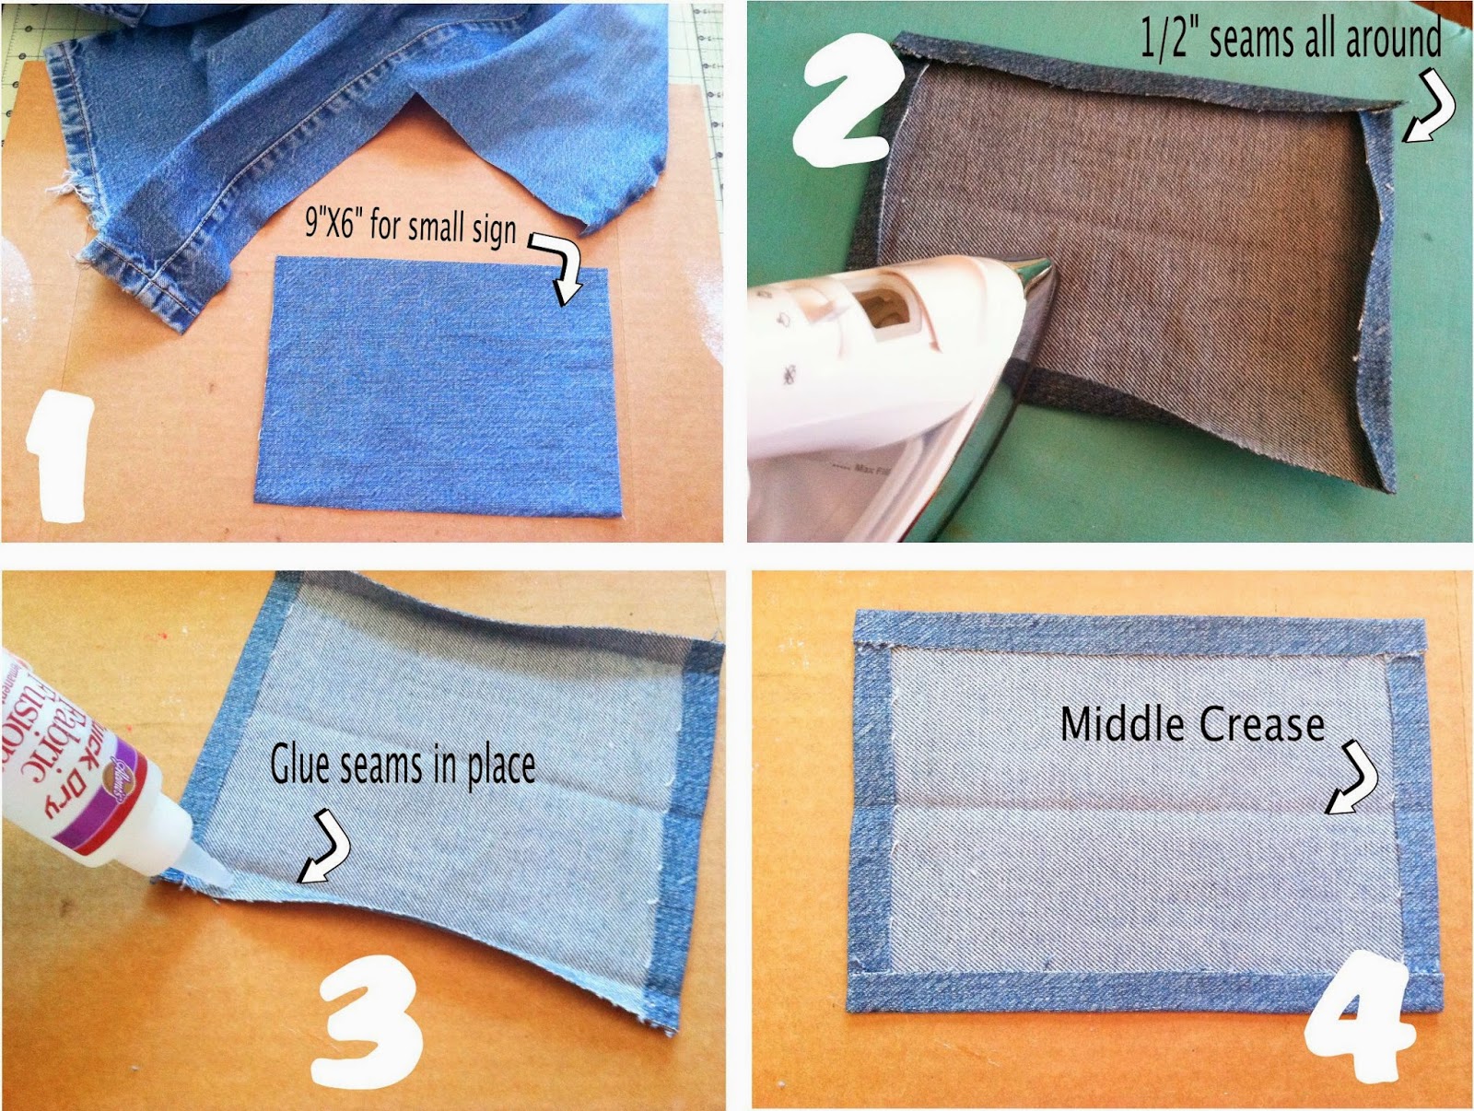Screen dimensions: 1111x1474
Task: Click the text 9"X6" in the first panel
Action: tap(332, 222)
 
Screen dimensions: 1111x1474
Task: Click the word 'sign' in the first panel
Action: tap(495, 229)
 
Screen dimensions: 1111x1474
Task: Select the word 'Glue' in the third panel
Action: tap(301, 765)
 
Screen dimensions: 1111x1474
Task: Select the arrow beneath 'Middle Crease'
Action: tap(1354, 778)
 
